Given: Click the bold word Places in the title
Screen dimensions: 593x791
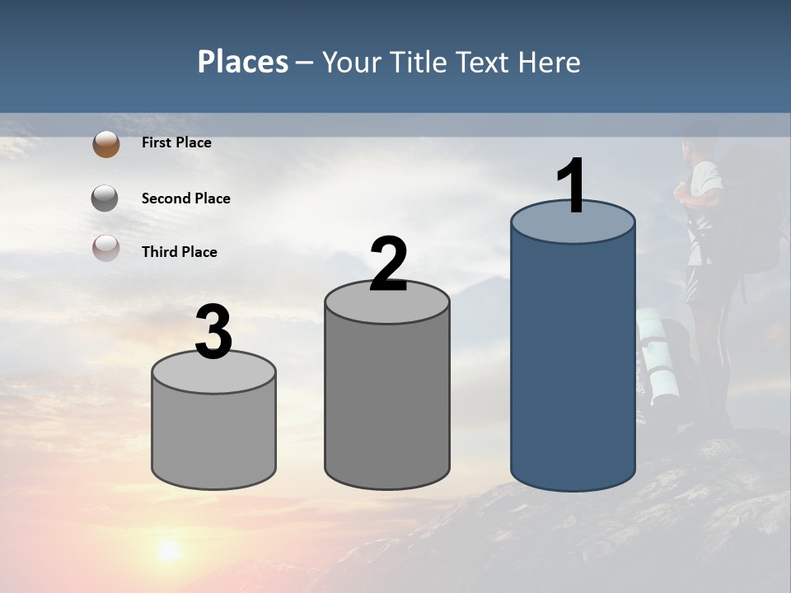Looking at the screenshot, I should pos(243,62).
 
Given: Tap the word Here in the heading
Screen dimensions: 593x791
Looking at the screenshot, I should pos(549,62).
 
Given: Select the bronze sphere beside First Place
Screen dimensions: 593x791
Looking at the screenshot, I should pos(105,144).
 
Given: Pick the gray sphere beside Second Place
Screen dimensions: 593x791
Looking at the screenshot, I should pos(105,198).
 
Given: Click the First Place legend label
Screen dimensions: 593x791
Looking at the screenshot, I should pos(176,142).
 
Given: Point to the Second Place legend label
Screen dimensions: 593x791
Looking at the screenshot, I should pos(185,198).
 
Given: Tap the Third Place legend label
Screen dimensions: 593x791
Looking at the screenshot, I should pos(179,252).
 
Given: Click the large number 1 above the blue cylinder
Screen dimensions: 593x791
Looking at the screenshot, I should pos(572,186).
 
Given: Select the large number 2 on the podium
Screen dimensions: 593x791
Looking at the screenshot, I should pos(388,265).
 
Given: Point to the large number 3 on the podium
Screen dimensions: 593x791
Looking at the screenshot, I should pos(214,333).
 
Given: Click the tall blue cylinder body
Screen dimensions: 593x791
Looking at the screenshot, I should pos(573,362).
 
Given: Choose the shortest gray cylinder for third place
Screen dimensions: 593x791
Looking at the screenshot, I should pos(214,437).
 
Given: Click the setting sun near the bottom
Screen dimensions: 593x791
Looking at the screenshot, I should pos(170,549).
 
